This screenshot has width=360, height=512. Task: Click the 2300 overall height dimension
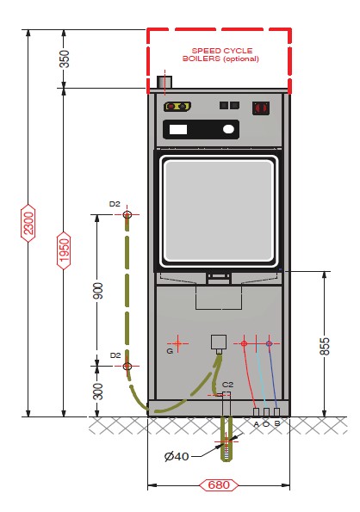(x=28, y=223)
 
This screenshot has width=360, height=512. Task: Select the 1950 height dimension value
(x=64, y=250)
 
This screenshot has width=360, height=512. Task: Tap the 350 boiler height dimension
(x=65, y=59)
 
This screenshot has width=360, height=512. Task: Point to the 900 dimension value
(x=97, y=291)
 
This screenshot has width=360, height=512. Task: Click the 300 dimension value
(x=97, y=392)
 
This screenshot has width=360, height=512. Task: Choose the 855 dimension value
(x=325, y=347)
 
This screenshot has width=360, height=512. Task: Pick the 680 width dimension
(x=219, y=485)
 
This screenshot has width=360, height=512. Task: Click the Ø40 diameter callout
(x=177, y=456)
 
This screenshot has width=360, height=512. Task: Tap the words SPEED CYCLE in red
(x=222, y=51)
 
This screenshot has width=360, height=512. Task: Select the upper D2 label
(x=115, y=204)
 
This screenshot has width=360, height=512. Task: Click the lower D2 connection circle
(x=127, y=366)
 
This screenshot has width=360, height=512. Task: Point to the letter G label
(x=170, y=351)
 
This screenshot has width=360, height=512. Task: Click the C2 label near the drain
(x=227, y=385)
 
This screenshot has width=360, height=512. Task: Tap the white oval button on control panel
(x=228, y=130)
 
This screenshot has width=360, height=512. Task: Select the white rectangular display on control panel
(x=178, y=129)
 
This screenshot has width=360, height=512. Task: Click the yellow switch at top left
(x=177, y=107)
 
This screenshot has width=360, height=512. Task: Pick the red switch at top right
(x=261, y=108)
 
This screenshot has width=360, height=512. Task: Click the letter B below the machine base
(x=277, y=424)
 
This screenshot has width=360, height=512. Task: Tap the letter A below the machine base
(x=256, y=424)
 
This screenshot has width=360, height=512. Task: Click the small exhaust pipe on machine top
(x=164, y=82)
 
